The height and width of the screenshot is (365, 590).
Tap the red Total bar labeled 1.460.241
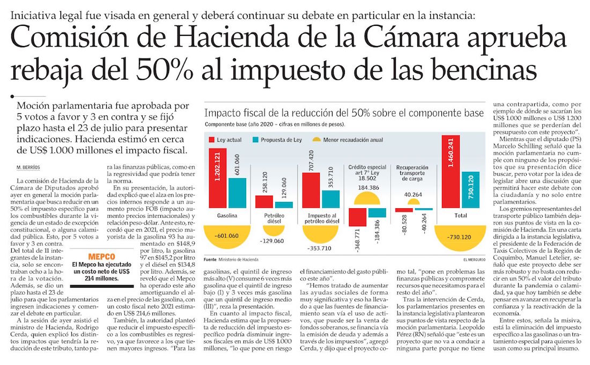coord(451,177)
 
